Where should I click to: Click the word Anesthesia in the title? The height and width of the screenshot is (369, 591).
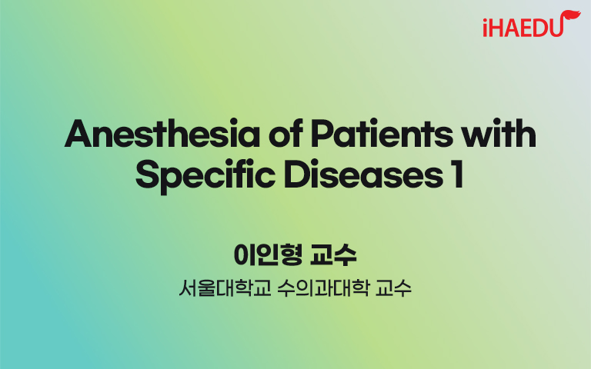click(x=162, y=134)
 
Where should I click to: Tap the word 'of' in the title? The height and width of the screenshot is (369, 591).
click(x=285, y=133)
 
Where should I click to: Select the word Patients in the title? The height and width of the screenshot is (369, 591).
click(x=382, y=134)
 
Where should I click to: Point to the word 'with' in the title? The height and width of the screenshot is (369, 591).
click(x=499, y=133)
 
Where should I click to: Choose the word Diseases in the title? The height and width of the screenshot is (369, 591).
click(x=363, y=175)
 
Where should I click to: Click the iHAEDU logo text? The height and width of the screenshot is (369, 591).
click(x=523, y=27)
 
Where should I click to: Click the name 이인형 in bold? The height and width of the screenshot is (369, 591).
click(x=268, y=255)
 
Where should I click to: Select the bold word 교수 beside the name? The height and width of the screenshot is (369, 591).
click(x=333, y=255)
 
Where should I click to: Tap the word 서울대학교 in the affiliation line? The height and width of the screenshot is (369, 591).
click(x=225, y=288)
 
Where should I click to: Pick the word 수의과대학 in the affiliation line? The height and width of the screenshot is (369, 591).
click(x=322, y=288)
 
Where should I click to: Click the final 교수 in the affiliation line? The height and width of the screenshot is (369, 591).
click(x=393, y=288)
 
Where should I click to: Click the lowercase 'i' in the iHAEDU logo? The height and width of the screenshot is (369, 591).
click(x=486, y=28)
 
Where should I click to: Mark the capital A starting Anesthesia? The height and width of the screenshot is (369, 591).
click(x=78, y=134)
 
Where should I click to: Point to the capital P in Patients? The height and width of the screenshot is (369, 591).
click(x=322, y=134)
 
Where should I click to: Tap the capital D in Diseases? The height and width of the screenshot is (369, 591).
click(x=298, y=175)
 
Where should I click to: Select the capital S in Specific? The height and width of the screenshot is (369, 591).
click(x=149, y=175)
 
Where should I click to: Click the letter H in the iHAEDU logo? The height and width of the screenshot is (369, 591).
click(x=499, y=28)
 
